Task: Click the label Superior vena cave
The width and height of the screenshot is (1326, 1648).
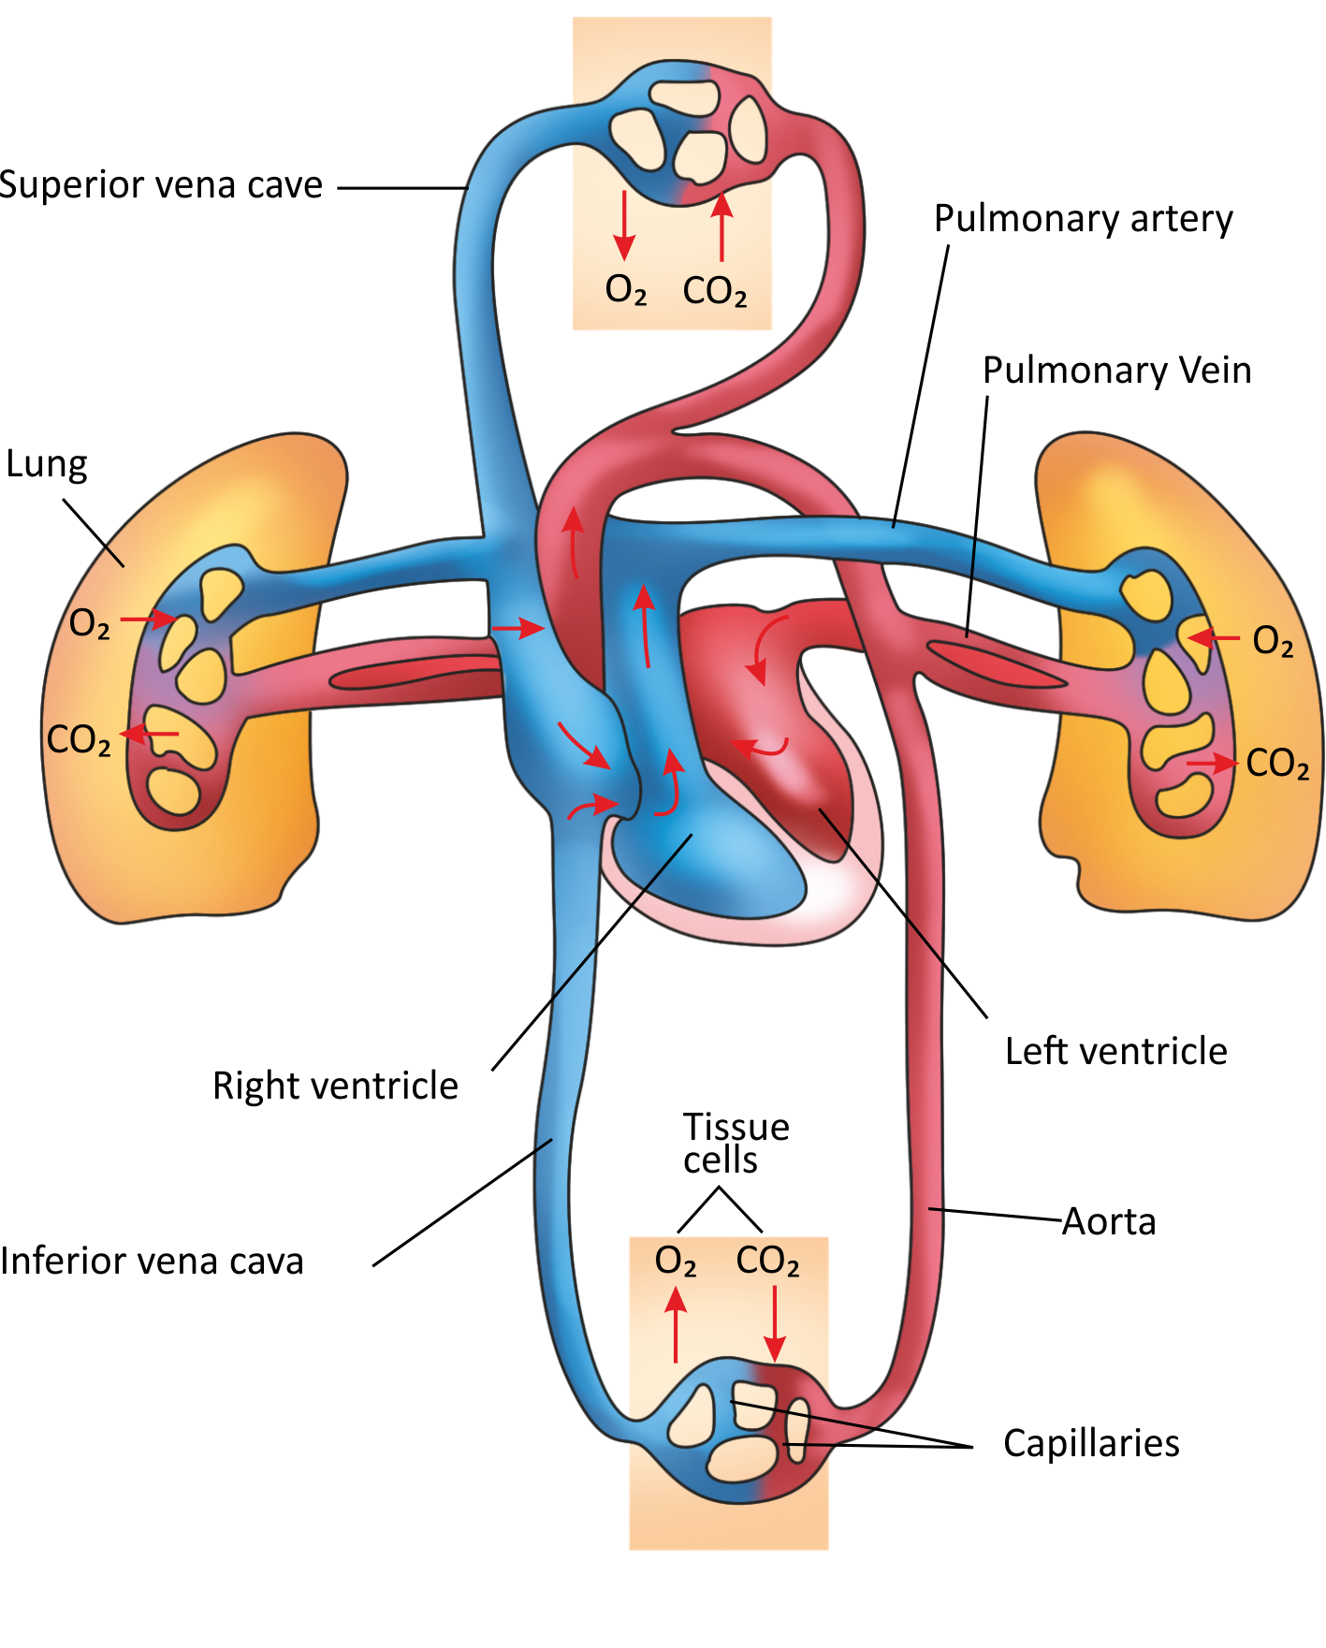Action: click(x=161, y=185)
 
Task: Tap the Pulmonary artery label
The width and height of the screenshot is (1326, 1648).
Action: click(x=1083, y=219)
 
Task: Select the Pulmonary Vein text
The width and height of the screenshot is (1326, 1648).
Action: click(x=1116, y=371)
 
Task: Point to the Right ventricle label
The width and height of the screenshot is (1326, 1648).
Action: click(x=335, y=1087)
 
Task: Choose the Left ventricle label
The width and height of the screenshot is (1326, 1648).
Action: click(x=1115, y=1052)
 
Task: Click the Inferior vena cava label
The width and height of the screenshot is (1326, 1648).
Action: click(x=152, y=1262)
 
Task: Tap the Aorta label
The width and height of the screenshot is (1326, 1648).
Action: click(x=1109, y=1222)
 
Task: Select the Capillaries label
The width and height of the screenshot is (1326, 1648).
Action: click(x=1091, y=1443)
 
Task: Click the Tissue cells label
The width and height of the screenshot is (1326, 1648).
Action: click(x=736, y=1144)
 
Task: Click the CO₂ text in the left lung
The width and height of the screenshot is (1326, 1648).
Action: click(x=79, y=740)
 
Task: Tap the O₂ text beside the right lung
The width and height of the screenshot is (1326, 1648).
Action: click(x=1273, y=642)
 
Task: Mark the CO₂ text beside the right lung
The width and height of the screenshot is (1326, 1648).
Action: click(x=1277, y=764)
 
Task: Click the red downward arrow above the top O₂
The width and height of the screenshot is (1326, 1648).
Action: click(x=624, y=226)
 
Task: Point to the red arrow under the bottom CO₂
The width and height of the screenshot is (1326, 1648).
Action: click(x=774, y=1323)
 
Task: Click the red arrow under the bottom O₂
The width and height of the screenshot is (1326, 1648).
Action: click(x=676, y=1325)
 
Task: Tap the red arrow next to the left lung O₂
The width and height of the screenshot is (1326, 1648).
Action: click(x=149, y=619)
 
